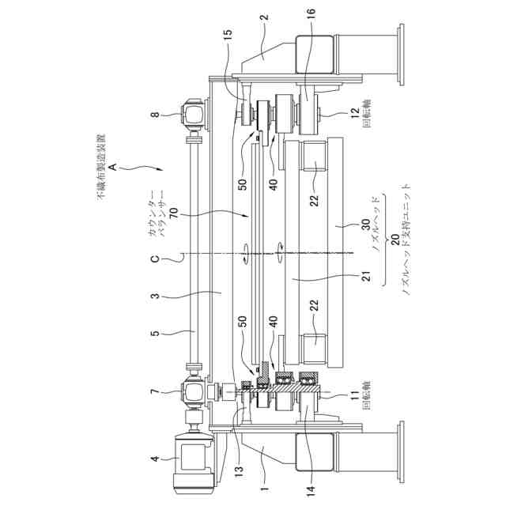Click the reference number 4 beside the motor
coord(156,459)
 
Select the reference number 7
coord(155,392)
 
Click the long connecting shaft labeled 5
coord(193,254)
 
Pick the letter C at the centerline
coord(155,259)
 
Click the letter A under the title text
coord(112,167)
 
